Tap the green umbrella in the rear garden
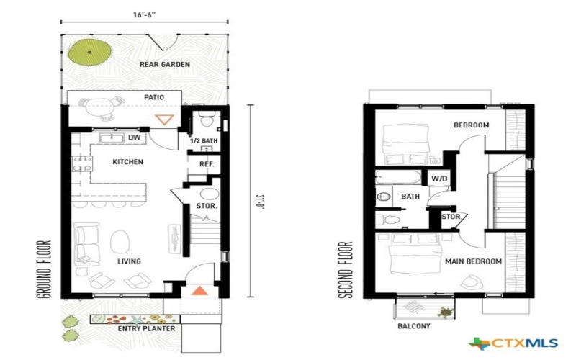click(x=91, y=52)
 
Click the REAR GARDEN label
click(x=165, y=65)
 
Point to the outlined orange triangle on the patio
click(x=166, y=120)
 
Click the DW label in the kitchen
click(x=133, y=138)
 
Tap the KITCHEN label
click(x=127, y=162)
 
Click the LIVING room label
click(x=129, y=261)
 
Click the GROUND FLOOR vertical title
click(x=45, y=269)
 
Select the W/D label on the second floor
click(x=438, y=178)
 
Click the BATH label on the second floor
click(x=410, y=196)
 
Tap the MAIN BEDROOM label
click(x=472, y=262)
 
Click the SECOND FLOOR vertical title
click(x=348, y=269)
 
